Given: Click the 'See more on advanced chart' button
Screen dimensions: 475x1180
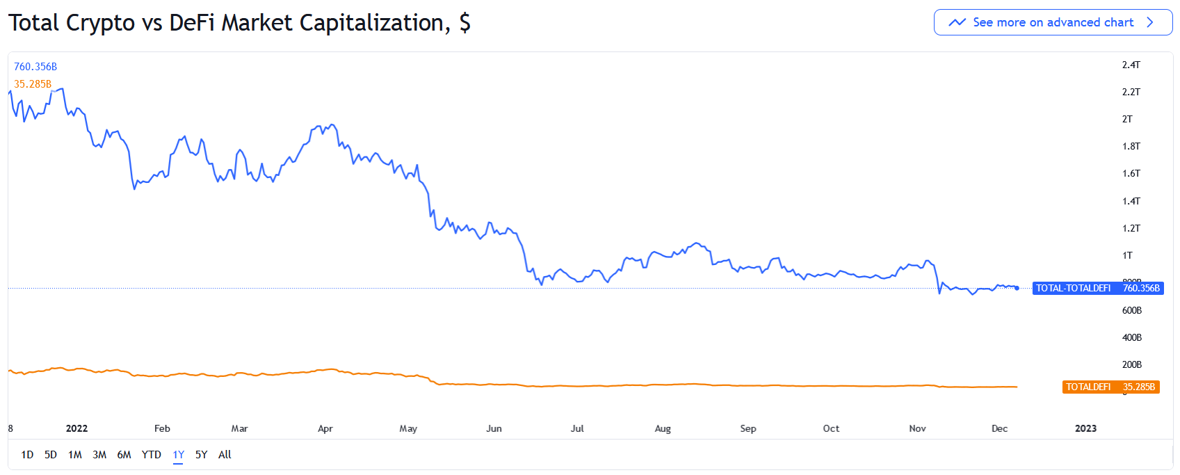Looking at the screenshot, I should click(x=1052, y=22).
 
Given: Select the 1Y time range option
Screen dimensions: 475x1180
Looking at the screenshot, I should click(x=179, y=455).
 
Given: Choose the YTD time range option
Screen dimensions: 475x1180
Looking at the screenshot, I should click(x=152, y=455).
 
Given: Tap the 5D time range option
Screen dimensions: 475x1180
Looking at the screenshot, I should click(x=51, y=455).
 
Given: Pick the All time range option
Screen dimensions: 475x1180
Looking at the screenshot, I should click(x=225, y=455).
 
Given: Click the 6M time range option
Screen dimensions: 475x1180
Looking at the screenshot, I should click(x=124, y=455).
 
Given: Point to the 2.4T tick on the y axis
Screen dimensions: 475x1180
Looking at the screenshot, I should click(x=1131, y=65).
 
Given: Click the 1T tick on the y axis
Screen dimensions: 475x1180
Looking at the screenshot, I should click(x=1127, y=255).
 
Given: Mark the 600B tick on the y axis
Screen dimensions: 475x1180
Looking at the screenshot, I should click(x=1131, y=310).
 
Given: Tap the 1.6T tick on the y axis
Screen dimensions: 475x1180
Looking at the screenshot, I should click(x=1131, y=173).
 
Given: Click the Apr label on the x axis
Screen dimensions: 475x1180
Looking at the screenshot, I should click(x=325, y=428).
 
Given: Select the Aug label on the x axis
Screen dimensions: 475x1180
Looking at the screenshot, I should click(x=663, y=428).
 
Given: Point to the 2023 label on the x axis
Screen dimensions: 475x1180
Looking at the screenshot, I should click(x=1085, y=428).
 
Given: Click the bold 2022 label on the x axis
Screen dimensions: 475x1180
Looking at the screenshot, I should click(x=76, y=428).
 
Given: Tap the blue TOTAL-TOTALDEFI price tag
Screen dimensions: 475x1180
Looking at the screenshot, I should click(x=1097, y=288).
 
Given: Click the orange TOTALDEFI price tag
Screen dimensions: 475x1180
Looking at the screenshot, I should click(x=1110, y=387).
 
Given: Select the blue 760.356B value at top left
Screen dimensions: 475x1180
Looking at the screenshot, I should click(x=35, y=67).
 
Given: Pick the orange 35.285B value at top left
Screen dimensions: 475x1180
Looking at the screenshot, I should click(x=33, y=84).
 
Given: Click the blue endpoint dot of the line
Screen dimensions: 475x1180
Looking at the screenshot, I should click(x=1017, y=288).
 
